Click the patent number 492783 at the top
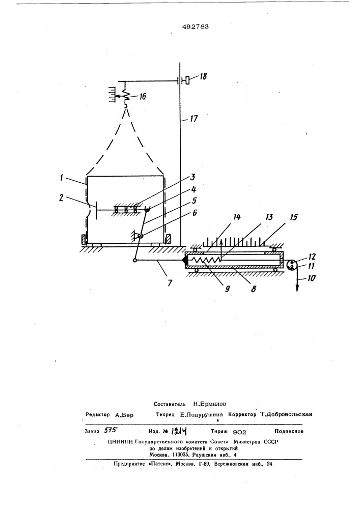pyautogui.click(x=195, y=27)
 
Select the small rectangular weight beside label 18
pyautogui.click(x=187, y=80)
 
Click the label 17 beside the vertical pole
pyautogui.click(x=193, y=119)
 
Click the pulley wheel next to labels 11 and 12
pyautogui.click(x=291, y=265)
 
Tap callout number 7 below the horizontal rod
pyautogui.click(x=169, y=283)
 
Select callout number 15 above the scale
pyautogui.click(x=293, y=217)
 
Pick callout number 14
pyautogui.click(x=237, y=217)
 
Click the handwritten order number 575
pyautogui.click(x=110, y=431)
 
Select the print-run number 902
pyautogui.click(x=240, y=432)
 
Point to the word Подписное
pyautogui.click(x=289, y=432)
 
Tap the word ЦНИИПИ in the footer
pyautogui.click(x=121, y=442)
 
